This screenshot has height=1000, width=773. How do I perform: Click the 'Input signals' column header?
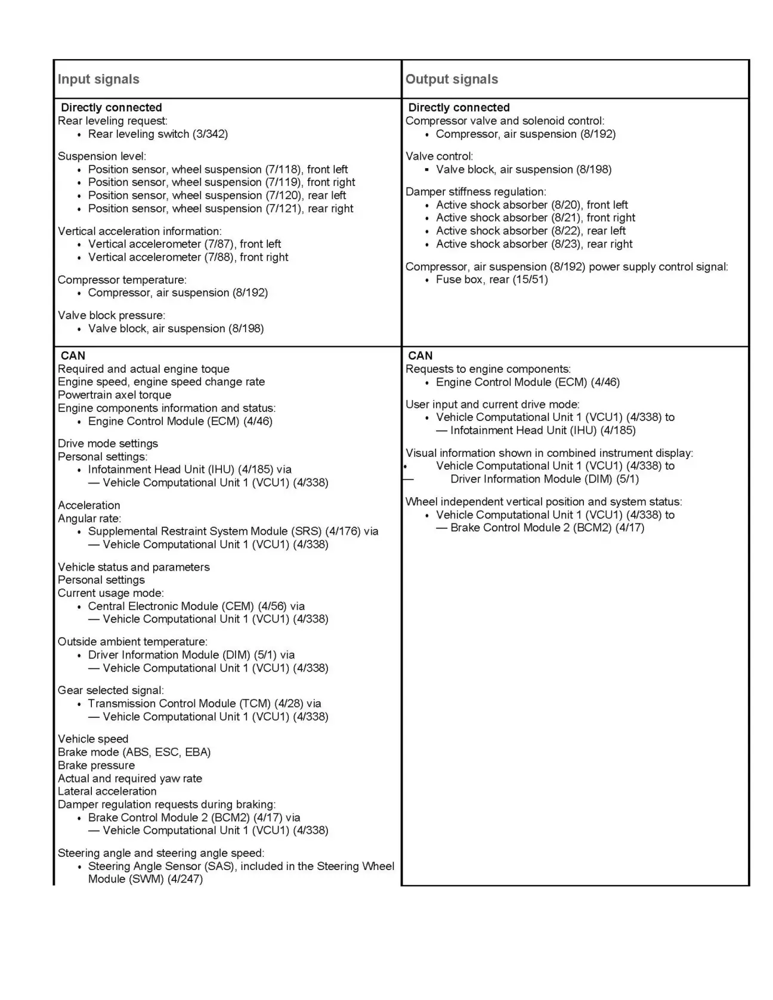tap(98, 79)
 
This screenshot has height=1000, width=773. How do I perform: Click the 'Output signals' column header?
tap(452, 79)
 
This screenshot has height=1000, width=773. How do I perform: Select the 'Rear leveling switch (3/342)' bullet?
tap(157, 134)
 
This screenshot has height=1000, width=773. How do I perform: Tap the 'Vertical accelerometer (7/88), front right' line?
tap(188, 257)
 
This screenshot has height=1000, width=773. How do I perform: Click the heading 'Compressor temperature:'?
tap(122, 280)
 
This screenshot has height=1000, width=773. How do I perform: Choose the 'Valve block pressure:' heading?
tap(111, 315)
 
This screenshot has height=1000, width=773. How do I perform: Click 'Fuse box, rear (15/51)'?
tap(491, 279)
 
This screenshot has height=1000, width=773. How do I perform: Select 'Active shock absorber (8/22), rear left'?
tap(530, 231)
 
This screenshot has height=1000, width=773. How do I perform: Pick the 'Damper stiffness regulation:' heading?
tap(475, 191)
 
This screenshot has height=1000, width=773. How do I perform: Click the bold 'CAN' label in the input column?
tap(73, 355)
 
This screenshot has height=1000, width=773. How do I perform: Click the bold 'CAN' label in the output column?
tap(420, 355)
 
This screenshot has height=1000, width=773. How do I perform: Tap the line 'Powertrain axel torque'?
tap(114, 395)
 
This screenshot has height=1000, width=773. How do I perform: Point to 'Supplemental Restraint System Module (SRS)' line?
tap(233, 531)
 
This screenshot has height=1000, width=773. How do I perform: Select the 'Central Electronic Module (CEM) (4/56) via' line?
tap(196, 606)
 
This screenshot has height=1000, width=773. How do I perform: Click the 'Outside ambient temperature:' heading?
tap(132, 642)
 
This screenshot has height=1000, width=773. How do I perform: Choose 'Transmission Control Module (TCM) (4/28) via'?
tap(204, 704)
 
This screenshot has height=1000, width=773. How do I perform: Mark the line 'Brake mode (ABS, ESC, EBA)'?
tap(134, 752)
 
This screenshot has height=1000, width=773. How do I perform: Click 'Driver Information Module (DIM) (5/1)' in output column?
tap(544, 479)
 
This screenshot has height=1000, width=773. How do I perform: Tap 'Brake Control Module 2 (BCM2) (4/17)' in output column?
tap(547, 528)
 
